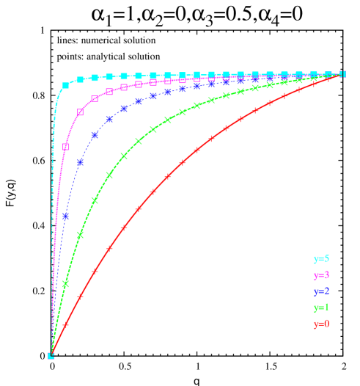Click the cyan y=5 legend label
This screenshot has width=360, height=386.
point(321,259)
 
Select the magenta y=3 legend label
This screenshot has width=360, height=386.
point(321,275)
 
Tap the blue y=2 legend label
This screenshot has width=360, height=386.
point(321,291)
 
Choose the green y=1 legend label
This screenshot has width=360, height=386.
point(321,307)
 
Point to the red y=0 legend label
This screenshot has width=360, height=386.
point(321,324)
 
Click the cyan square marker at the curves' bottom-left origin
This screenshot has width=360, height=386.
point(51,356)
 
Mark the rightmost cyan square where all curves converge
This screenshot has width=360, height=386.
point(342,74)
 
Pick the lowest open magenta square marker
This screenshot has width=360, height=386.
point(66,147)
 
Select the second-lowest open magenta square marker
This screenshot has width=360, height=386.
point(80,112)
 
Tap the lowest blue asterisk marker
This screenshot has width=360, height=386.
point(66,216)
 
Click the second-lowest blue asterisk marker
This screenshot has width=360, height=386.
point(80,162)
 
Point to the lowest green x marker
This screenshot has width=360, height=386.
point(66,283)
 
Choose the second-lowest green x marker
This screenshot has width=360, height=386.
point(80,235)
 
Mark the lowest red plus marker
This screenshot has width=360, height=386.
point(66,324)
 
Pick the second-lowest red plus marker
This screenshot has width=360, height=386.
point(80,296)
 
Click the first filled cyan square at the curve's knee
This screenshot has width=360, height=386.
point(66,85)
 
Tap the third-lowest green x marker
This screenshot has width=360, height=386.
point(95,200)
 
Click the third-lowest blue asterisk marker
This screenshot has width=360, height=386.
point(95,135)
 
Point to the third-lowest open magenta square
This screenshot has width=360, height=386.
point(95,98)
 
